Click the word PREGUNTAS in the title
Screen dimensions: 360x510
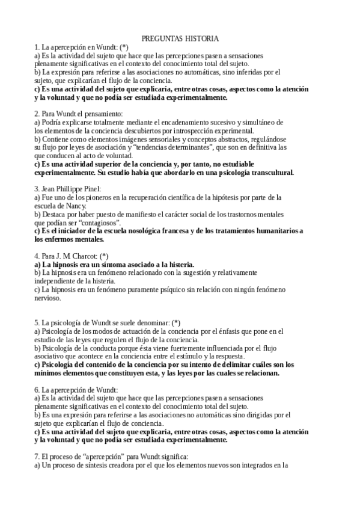coord(159,38)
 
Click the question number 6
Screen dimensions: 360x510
coord(37,389)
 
